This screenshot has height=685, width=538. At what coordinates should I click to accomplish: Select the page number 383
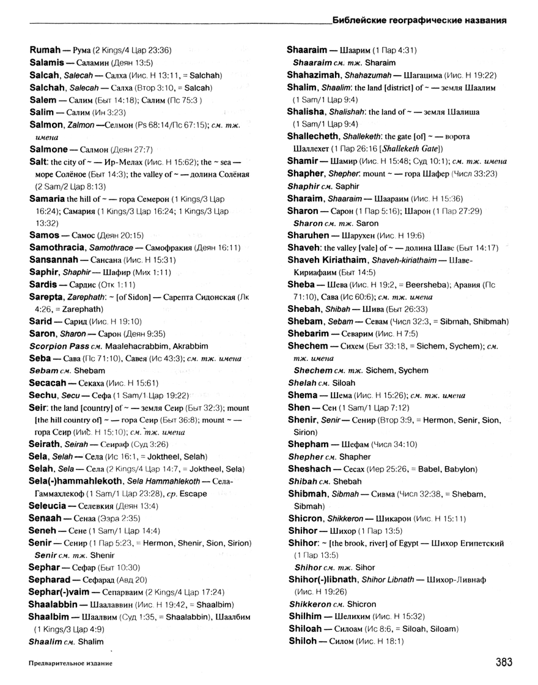(x=500, y=662)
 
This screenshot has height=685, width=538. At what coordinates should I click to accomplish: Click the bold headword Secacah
(x=50, y=383)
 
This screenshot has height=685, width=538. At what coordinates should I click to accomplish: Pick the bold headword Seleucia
(x=50, y=506)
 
